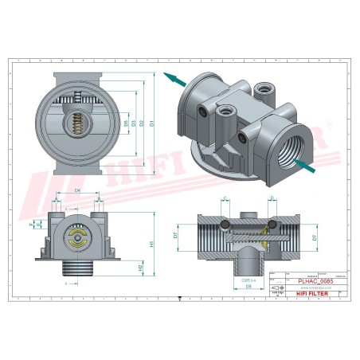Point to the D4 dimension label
point(77,192)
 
